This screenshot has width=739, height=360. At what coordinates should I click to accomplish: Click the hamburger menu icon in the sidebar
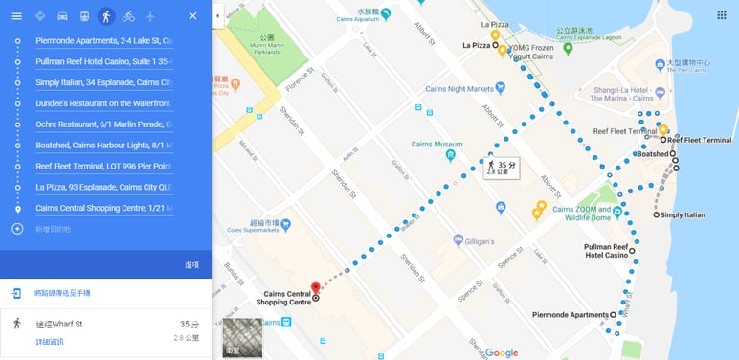point(16,16)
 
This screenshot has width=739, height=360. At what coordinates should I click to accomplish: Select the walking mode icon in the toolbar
point(106,16)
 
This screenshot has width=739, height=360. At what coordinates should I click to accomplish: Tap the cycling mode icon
point(128,16)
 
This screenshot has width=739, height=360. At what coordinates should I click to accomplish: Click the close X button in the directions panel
point(192,16)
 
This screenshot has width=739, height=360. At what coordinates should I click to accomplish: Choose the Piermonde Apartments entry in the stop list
point(103,41)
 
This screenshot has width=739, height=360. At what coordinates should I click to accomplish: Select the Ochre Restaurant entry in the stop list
point(103,124)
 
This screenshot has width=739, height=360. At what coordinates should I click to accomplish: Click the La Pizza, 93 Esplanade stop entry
point(103,187)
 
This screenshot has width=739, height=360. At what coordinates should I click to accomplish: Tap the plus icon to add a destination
point(17,229)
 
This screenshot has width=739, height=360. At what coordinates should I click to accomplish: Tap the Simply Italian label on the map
point(682,214)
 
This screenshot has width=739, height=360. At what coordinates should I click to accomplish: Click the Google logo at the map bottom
point(501,352)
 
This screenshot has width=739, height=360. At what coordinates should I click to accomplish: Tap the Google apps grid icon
point(724,15)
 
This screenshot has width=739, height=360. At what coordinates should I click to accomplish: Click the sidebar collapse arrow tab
point(217,15)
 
